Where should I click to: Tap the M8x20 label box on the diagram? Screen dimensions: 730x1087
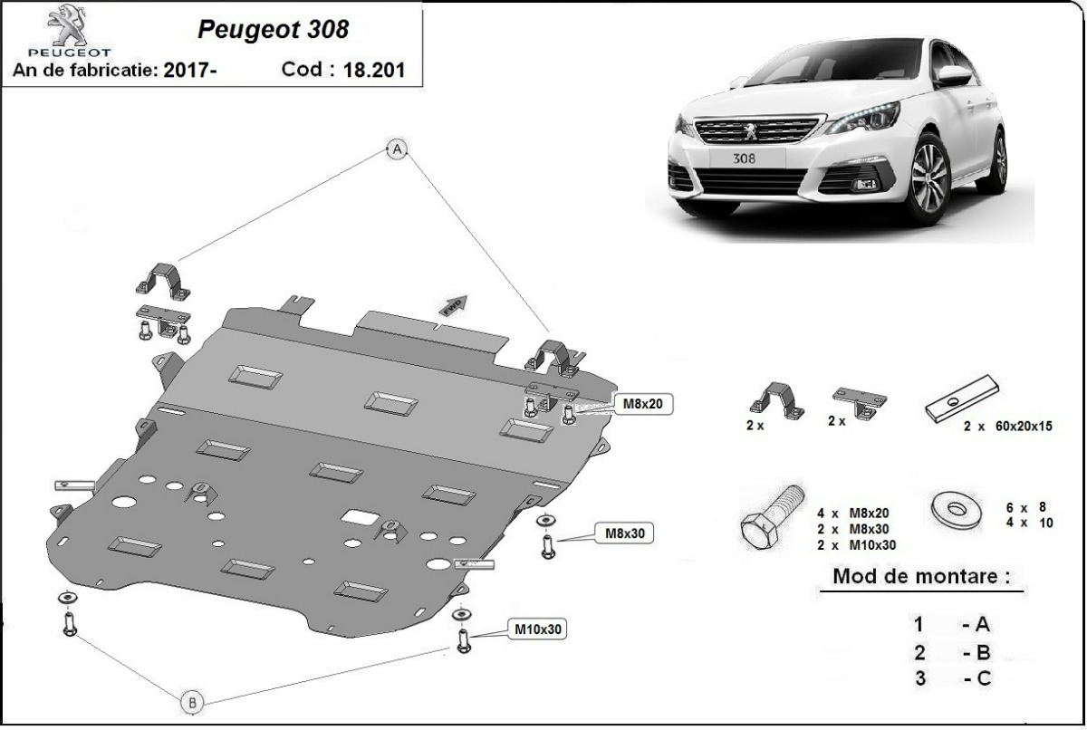(644, 404)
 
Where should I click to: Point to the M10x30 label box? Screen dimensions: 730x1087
(539, 628)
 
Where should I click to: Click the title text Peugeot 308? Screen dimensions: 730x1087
(272, 29)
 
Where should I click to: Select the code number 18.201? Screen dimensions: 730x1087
(373, 70)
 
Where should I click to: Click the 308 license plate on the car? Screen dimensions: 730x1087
(743, 157)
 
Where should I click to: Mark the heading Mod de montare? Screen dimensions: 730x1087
(920, 576)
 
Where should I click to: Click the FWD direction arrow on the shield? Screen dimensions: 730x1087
(453, 305)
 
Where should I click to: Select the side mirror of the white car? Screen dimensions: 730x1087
(953, 75)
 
